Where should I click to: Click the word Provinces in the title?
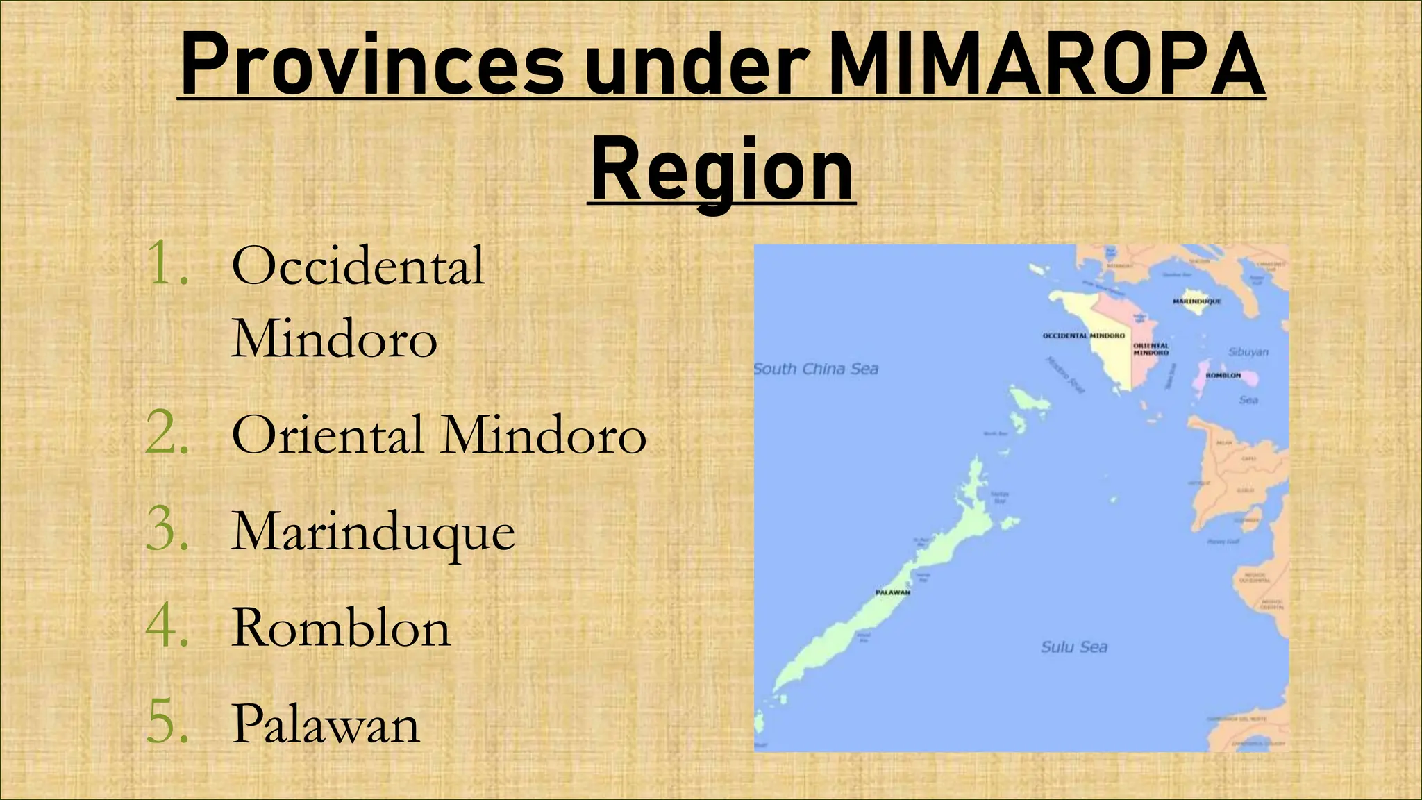tap(371, 66)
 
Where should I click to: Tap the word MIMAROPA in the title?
tap(1046, 66)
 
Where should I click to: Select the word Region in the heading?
tap(722, 170)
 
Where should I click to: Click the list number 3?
tap(167, 531)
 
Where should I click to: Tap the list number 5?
tap(167, 724)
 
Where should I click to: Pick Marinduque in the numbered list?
tap(374, 533)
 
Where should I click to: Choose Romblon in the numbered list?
tap(341, 628)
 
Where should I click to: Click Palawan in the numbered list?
tap(326, 724)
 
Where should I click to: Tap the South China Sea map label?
tap(816, 369)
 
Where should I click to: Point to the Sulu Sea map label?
tap(1074, 647)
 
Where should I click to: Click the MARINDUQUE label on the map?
tap(1197, 301)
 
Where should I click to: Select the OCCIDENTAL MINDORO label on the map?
tap(1084, 335)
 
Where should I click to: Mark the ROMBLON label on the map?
tap(1223, 375)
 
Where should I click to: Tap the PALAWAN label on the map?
tap(893, 592)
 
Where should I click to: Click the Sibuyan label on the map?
tap(1248, 352)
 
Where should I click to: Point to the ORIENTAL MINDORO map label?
tap(1151, 349)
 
